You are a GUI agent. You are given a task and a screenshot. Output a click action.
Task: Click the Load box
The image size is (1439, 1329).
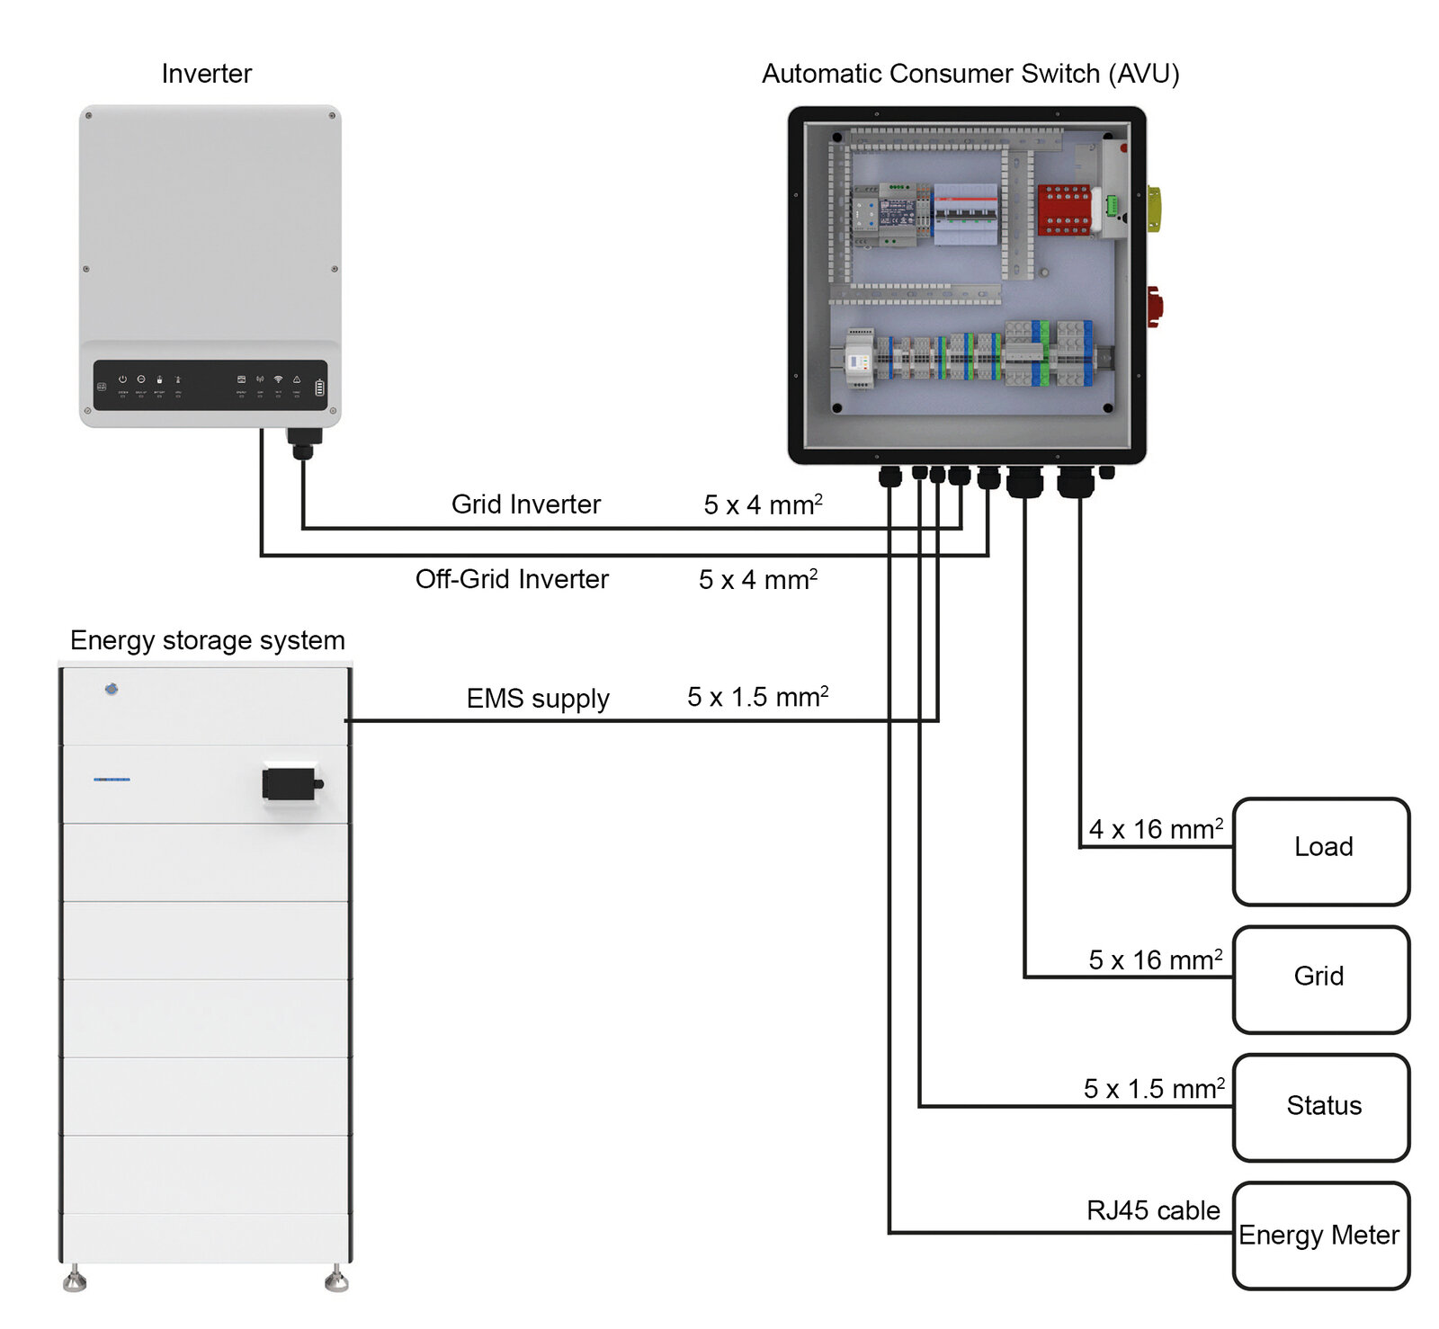(1320, 851)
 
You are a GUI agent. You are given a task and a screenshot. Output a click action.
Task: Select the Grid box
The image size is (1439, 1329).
(1320, 979)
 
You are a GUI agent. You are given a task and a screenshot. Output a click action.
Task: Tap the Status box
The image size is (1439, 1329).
(1320, 1107)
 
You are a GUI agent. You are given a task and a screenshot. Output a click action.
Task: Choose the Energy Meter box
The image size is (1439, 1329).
(1320, 1235)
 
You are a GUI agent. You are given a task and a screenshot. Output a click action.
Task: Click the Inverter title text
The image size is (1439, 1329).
(206, 74)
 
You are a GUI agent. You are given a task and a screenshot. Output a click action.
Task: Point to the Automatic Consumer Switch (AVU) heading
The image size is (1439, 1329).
(970, 74)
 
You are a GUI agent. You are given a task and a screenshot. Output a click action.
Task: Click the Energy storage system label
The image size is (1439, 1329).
(207, 640)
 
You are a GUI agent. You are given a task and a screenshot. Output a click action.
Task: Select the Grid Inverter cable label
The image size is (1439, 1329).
(525, 504)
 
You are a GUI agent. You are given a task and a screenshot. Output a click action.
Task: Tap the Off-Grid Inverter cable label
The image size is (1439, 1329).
(512, 579)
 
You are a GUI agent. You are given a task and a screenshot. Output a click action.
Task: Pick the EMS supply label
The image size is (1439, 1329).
(537, 699)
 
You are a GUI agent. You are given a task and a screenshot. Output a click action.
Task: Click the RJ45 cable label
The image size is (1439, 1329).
(1152, 1210)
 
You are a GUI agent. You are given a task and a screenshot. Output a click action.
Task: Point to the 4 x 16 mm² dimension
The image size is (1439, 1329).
(1155, 828)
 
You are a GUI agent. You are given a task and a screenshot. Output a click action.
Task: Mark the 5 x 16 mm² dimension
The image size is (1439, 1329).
(1155, 959)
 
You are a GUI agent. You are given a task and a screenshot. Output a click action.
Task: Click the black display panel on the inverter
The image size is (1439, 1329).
(210, 385)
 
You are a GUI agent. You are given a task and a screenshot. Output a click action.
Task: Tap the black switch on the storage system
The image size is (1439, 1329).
(290, 783)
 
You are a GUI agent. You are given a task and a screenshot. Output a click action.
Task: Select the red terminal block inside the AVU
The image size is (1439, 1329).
(1063, 210)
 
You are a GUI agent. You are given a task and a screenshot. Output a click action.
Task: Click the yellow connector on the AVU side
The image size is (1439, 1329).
(1154, 209)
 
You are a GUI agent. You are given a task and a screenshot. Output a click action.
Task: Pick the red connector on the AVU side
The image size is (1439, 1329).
(1154, 306)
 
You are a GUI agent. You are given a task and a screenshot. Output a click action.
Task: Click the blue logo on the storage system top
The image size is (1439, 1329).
(112, 689)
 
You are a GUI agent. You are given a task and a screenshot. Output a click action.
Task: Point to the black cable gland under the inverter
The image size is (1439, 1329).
(303, 442)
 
